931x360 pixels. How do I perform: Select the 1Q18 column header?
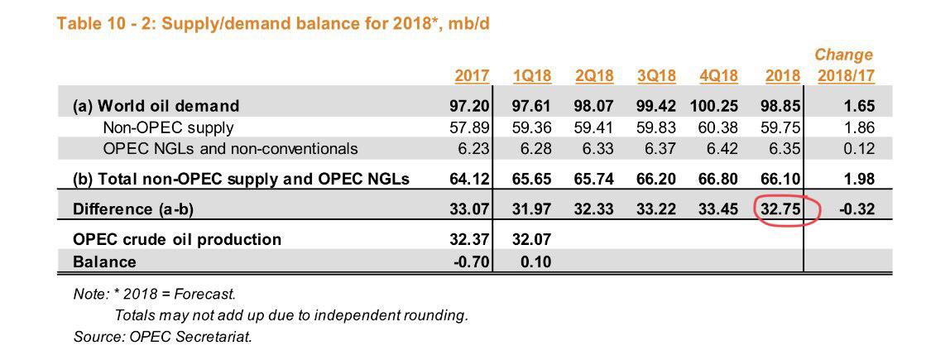(x=532, y=76)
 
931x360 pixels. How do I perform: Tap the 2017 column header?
(x=472, y=76)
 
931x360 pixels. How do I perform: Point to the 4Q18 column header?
(x=718, y=76)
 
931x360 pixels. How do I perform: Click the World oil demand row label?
(x=156, y=106)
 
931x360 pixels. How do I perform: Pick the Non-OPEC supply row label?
(x=168, y=127)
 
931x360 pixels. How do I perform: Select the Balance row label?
(x=104, y=262)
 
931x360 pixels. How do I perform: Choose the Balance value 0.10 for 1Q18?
(x=537, y=262)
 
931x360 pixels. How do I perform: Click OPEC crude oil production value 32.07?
(x=532, y=239)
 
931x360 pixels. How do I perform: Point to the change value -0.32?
(x=855, y=209)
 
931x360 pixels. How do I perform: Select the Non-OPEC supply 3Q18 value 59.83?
(x=656, y=127)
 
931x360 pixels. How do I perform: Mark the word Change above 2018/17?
(x=843, y=55)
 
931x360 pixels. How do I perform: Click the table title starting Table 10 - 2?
(x=272, y=23)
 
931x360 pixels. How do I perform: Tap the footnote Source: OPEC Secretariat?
(x=162, y=336)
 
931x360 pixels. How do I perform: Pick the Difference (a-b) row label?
(x=133, y=209)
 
